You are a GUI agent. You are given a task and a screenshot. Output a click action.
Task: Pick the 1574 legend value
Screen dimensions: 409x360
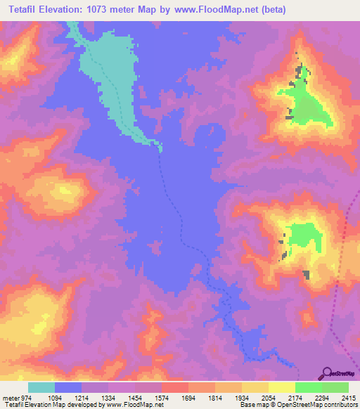coord(173,398)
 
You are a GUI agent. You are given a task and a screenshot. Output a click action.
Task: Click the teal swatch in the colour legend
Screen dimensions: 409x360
coord(41,387)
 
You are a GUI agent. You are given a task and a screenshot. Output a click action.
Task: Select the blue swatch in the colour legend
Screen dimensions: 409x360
coord(68,387)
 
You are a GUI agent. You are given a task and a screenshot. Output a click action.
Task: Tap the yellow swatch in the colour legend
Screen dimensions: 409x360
coord(282,387)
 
